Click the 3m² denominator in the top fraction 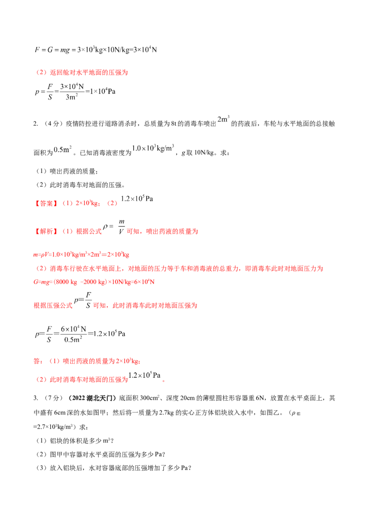point(71,97)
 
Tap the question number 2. point(36,124)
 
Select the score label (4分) point(52,124)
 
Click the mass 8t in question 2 point(173,124)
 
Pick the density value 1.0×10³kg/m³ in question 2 point(153,148)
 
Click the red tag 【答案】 point(46,203)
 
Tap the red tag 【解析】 point(46,231)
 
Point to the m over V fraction point(122,226)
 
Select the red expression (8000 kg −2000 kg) point(80,282)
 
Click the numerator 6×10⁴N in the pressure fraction point(73,329)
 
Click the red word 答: point(38,361)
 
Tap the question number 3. point(36,398)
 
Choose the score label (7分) point(52,398)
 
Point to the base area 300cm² point(149,397)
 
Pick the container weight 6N point(260,398)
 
